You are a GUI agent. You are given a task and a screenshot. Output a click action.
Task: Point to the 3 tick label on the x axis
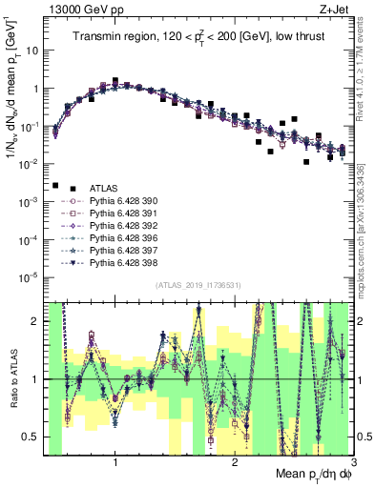(352, 461)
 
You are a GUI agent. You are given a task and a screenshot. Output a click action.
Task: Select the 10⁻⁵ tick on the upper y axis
(31, 277)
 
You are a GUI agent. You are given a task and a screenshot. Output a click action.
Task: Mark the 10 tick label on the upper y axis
(32, 51)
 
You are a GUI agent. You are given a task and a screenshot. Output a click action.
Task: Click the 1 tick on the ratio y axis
(36, 379)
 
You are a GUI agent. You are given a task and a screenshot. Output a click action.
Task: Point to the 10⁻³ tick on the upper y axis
(31, 201)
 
